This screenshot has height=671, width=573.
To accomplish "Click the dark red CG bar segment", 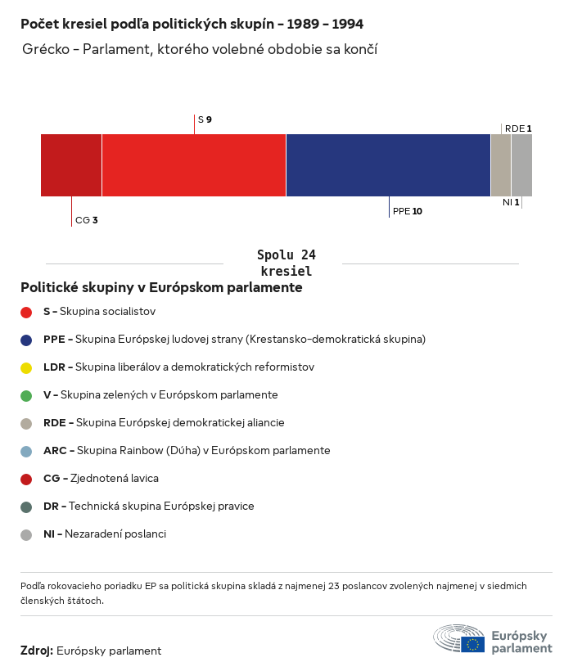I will (x=71, y=165).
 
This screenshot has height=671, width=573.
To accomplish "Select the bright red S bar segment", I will (x=194, y=165).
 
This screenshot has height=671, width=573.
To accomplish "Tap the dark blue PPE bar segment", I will (x=388, y=165).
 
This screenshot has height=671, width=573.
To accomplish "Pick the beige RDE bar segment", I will (x=501, y=165).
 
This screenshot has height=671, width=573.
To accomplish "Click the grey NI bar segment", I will (x=521, y=165).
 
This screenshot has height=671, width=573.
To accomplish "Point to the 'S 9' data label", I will (x=205, y=120).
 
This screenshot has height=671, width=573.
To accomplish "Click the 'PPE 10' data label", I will (x=408, y=211).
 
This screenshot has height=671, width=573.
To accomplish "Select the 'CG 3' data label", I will (x=87, y=220).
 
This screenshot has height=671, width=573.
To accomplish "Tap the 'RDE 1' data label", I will (x=518, y=128).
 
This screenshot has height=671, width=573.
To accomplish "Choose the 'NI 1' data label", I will (x=511, y=202).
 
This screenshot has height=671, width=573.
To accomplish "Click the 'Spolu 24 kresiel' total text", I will (x=286, y=263).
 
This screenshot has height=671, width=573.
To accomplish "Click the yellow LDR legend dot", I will (x=26, y=367).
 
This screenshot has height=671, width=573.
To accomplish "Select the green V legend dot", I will (x=26, y=395).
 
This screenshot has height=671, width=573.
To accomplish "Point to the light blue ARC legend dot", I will (x=26, y=451).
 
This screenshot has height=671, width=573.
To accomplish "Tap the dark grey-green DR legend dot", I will (x=26, y=507).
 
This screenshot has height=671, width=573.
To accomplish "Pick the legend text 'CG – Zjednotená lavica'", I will (x=101, y=479).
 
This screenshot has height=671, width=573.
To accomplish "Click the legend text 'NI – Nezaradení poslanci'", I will (x=105, y=534).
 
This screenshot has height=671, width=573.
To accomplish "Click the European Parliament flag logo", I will (x=472, y=644).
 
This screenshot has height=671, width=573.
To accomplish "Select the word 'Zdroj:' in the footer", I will (x=37, y=651).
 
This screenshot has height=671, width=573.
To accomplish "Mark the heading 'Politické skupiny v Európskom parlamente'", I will (x=161, y=288).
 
